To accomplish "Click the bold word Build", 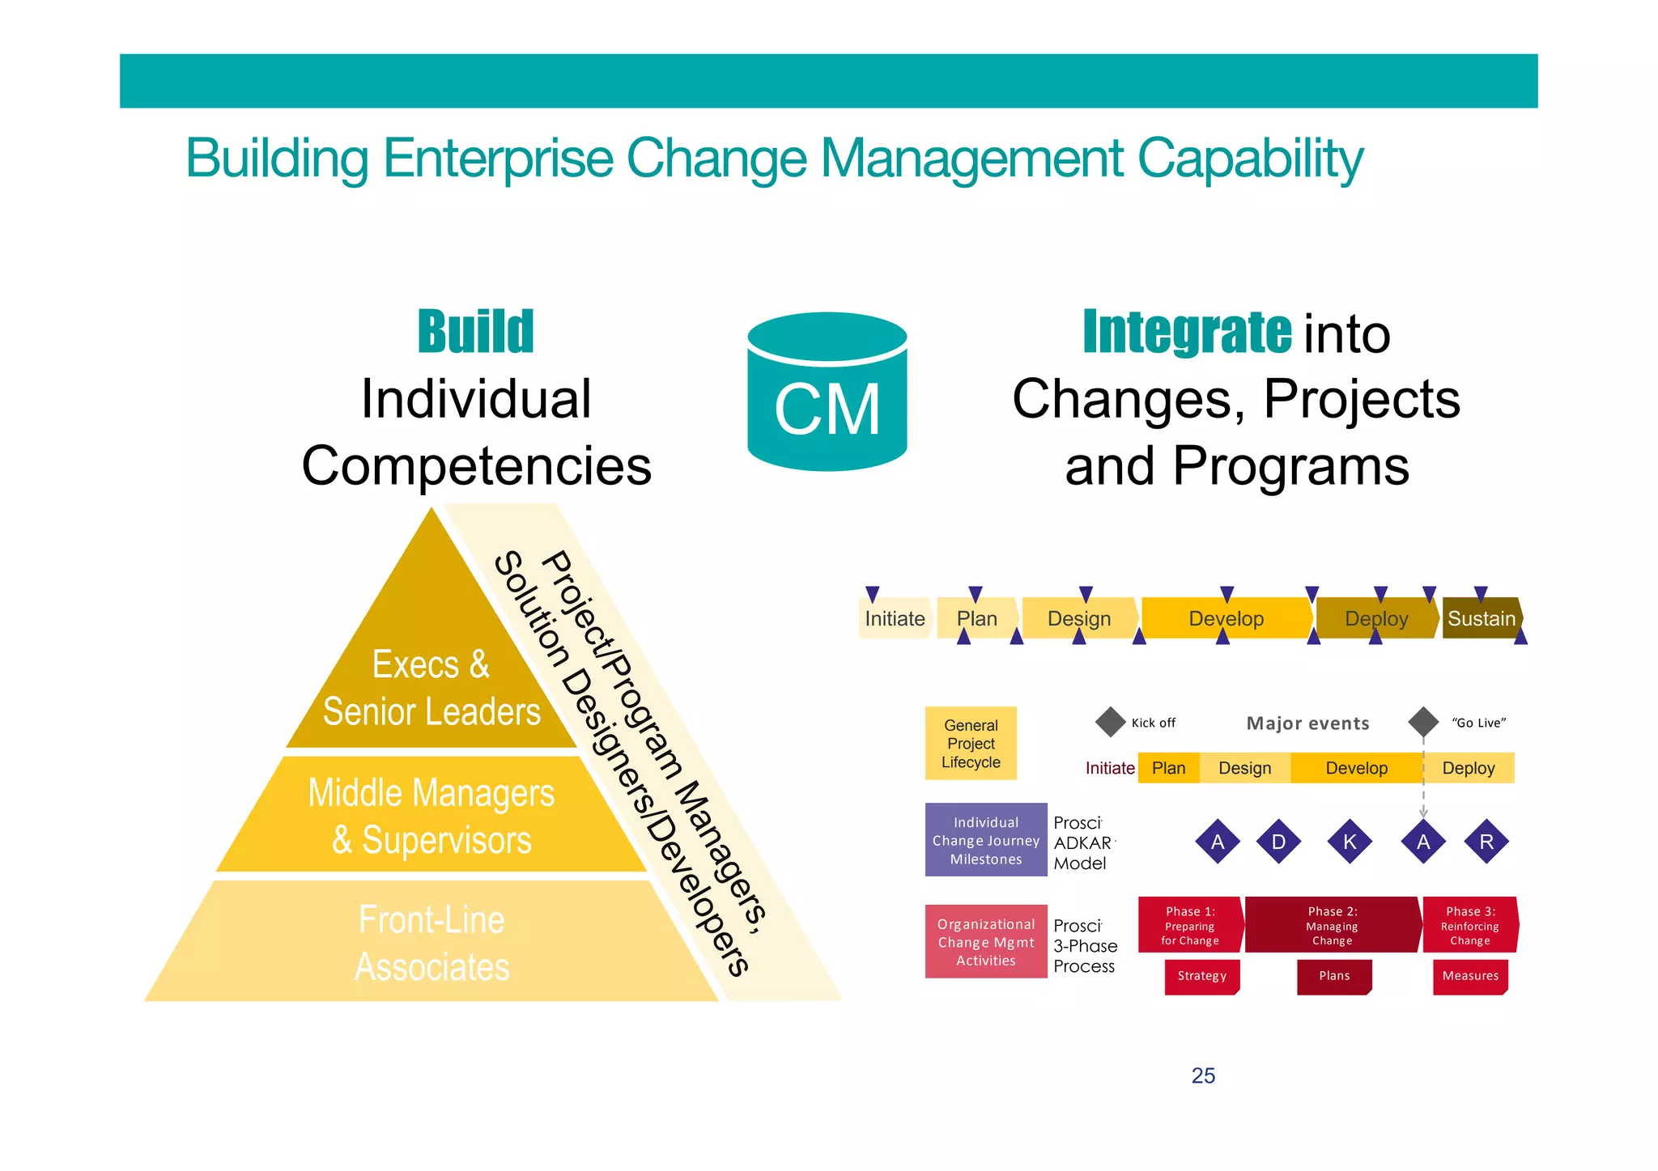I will [x=475, y=332].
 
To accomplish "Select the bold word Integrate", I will [x=1187, y=332].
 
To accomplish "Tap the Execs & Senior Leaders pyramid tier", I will [x=432, y=688].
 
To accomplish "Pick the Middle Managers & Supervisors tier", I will [x=432, y=816].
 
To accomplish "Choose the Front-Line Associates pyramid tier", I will [x=432, y=943].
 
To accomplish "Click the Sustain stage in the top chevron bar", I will [x=1481, y=618].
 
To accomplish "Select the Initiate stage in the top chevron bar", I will [x=894, y=618].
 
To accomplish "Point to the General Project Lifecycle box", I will [x=971, y=744].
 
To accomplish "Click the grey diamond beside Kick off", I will [x=1110, y=722].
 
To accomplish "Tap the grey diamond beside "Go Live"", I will [x=1422, y=722].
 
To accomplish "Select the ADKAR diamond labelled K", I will [x=1350, y=842].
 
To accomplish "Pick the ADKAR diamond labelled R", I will [x=1486, y=842].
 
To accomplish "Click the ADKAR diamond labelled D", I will [x=1278, y=842].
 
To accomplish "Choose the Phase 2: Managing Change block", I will [x=1333, y=925].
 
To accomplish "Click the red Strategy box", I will [x=1201, y=976].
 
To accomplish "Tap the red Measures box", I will [x=1470, y=976].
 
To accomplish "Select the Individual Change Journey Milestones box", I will [x=985, y=840].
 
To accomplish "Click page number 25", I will [x=1203, y=1076].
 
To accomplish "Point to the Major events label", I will [x=1307, y=723].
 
